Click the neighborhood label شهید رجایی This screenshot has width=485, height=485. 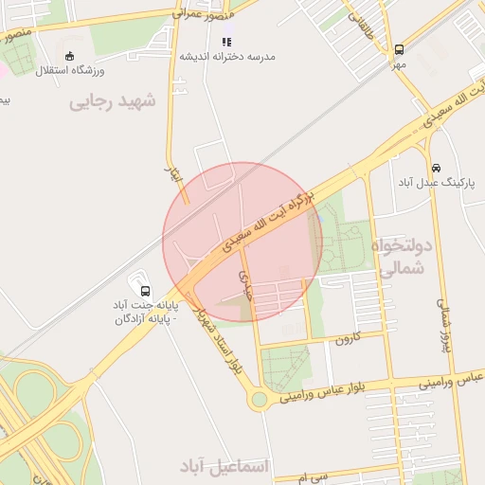[x=112, y=102]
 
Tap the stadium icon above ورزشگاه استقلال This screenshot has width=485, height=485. [x=70, y=55]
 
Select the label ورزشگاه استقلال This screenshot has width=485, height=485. [x=71, y=71]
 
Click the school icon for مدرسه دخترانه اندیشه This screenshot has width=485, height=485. [x=225, y=42]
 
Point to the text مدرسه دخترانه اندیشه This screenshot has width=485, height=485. [x=227, y=57]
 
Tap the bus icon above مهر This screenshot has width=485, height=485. [x=399, y=49]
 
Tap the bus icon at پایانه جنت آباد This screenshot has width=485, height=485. [x=144, y=290]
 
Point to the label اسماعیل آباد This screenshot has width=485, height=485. [x=225, y=467]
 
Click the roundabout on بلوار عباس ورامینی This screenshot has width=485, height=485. [x=259, y=400]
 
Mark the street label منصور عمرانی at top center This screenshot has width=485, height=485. [x=201, y=16]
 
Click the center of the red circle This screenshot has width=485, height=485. [x=242, y=242]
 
